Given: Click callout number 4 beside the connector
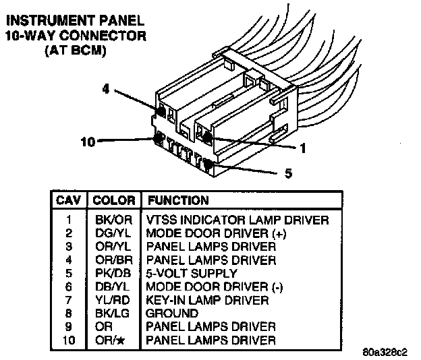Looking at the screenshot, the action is click(106, 89).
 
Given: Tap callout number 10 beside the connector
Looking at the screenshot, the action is click(88, 142).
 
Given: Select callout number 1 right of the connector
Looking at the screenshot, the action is click(303, 148).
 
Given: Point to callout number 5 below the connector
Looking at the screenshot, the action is click(288, 173).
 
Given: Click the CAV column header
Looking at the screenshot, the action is click(68, 200).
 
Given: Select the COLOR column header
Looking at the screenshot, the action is click(114, 200).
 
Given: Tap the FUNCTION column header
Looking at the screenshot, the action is click(178, 200).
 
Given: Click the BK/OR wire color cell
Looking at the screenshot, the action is click(113, 220).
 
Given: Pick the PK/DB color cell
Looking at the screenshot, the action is click(113, 273).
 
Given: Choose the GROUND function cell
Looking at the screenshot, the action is click(172, 313).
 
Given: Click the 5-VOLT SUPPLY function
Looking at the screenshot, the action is click(192, 273).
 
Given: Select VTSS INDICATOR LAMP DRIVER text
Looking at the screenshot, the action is click(237, 220).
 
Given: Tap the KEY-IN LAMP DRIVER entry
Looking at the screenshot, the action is click(207, 300).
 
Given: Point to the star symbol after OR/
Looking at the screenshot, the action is click(121, 340).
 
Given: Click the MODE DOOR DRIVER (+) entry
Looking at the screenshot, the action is click(216, 233).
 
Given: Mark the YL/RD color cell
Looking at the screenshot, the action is click(113, 300).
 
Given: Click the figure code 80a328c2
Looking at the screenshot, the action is click(385, 352).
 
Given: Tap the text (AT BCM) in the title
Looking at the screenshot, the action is click(76, 51).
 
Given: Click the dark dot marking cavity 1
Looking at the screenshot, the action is click(207, 138).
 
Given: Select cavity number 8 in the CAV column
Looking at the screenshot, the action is click(69, 313).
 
